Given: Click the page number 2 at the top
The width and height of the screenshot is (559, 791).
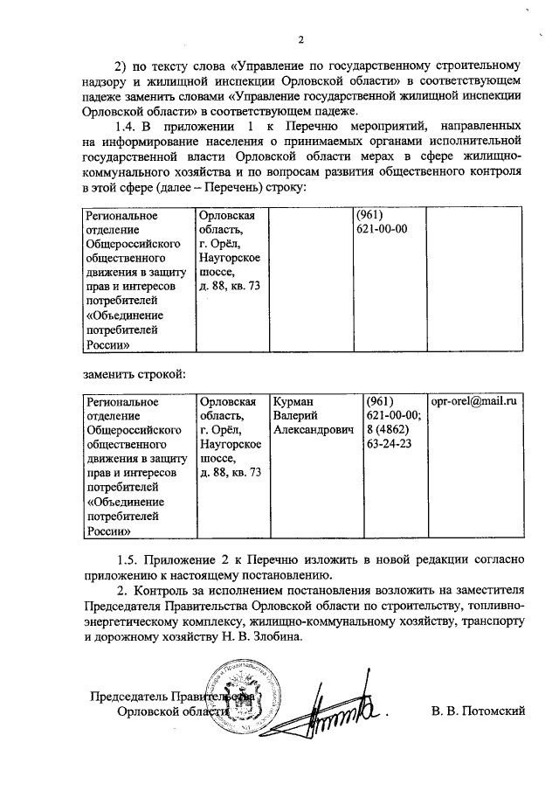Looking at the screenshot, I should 300,40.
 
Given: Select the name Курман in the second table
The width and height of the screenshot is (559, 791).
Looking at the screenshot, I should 292,401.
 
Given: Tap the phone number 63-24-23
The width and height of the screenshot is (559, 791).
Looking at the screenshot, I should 390,444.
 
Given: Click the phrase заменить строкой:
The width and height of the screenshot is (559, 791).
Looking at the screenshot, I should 135,374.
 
